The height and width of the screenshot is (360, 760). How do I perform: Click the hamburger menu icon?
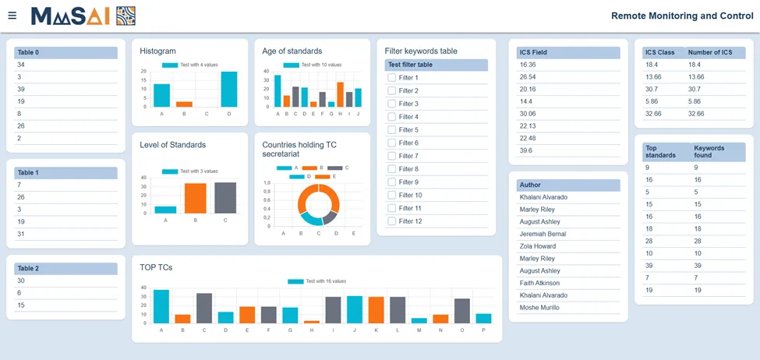tap(12, 16)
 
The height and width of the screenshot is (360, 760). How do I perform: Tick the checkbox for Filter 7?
tap(391, 156)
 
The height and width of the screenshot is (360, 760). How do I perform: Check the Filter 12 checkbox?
tap(391, 221)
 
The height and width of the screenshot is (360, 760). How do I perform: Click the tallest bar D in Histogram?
tap(229, 89)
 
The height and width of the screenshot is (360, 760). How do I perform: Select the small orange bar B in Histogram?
tap(184, 104)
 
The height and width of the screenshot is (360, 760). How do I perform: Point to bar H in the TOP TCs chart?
tap(312, 322)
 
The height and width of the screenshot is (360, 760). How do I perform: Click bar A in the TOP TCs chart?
tap(161, 306)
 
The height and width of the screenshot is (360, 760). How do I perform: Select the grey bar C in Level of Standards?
tap(225, 198)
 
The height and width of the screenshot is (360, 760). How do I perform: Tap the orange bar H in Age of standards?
tap(341, 94)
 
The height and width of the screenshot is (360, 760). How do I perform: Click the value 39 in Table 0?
tap(21, 89)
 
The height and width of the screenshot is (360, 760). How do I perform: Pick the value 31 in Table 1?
tap(21, 234)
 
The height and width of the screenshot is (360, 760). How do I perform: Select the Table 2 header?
tap(65, 268)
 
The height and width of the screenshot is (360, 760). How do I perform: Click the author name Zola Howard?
tap(538, 246)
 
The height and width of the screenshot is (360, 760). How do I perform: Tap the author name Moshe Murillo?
tap(539, 308)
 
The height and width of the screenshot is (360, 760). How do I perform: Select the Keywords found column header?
tap(717, 152)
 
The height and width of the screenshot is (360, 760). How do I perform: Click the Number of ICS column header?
tap(715, 52)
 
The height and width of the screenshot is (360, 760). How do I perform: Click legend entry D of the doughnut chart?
tap(301, 176)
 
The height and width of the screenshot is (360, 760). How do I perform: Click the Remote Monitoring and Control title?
tap(683, 16)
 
